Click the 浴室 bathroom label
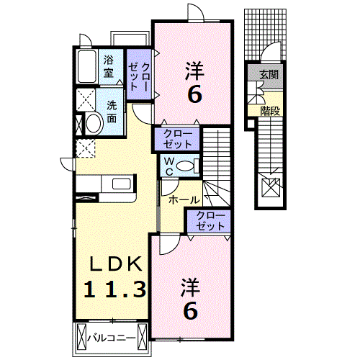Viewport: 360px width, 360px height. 109,66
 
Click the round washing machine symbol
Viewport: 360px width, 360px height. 92,123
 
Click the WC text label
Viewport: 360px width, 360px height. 167,166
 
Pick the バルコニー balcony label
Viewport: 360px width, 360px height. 112,336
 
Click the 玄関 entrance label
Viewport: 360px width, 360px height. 269,73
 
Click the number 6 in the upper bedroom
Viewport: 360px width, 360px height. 194,93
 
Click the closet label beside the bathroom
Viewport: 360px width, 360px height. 139,71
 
